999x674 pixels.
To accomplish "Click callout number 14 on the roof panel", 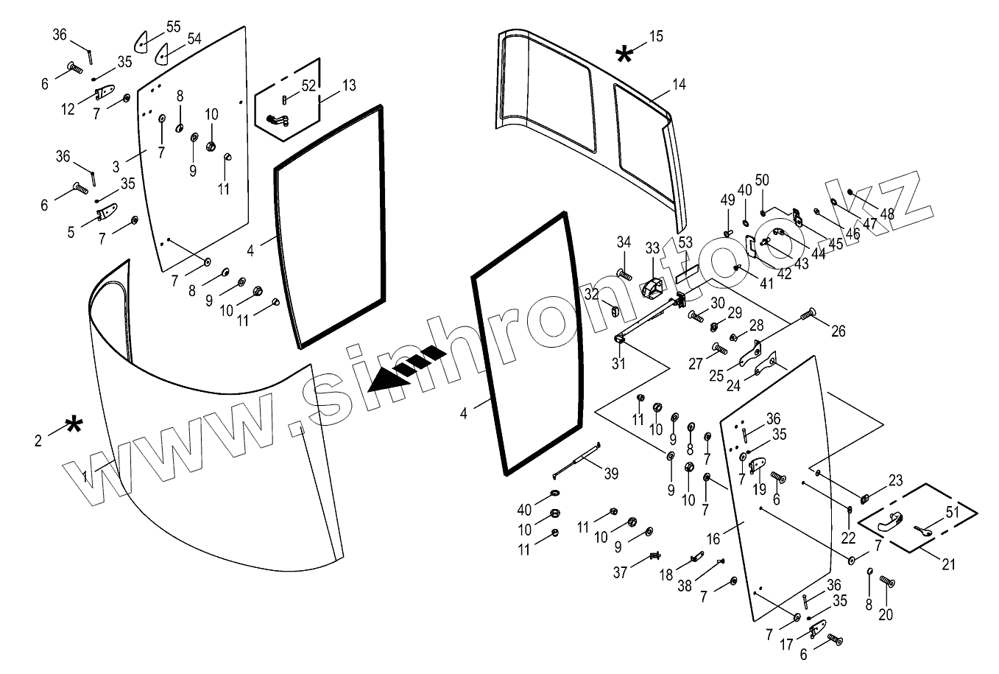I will tap(679, 85).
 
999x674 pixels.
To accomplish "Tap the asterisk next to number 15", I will tap(624, 54).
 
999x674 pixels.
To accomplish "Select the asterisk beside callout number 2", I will tap(74, 426).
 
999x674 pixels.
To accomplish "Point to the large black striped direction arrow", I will tap(407, 368).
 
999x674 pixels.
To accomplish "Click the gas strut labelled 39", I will tap(579, 462).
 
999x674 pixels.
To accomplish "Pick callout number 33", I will tap(653, 248).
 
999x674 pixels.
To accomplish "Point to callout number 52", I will tap(308, 85).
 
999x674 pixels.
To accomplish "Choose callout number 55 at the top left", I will tap(173, 27).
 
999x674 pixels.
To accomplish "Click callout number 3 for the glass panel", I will tap(116, 166).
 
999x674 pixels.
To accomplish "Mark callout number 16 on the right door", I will tap(713, 539).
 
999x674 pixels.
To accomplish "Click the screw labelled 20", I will tap(887, 583).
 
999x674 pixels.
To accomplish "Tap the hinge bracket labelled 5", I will tap(108, 213).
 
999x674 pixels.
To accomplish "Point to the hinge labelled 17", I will tap(815, 631).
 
